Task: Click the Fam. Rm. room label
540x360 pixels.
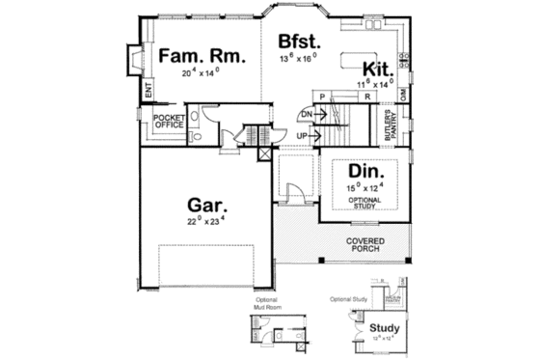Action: tap(202, 56)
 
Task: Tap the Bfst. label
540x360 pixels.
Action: tap(300, 42)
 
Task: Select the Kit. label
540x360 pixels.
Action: tap(375, 69)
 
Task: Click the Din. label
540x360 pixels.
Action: tap(356, 171)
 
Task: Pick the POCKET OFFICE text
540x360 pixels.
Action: tap(168, 122)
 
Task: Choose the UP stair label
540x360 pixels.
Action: tap(301, 134)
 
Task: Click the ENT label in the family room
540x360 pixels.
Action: tap(148, 93)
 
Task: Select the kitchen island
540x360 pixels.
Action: tap(364, 44)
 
